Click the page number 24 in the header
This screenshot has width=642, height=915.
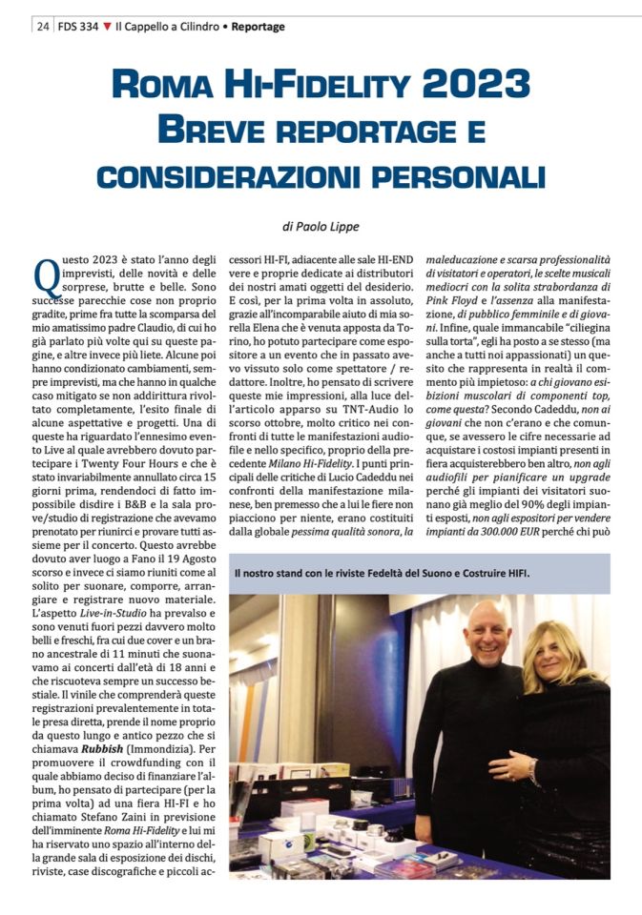point(43,27)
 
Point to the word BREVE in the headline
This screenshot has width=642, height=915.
point(213,129)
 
